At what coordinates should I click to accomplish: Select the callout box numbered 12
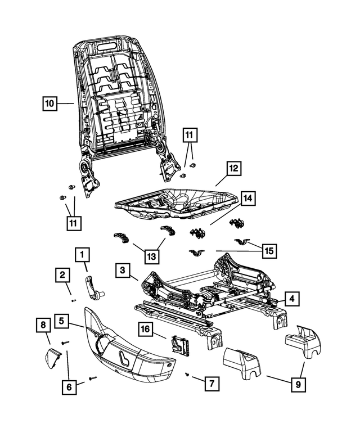[233, 168]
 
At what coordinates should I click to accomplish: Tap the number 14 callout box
[248, 199]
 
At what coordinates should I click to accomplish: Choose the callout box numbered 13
[150, 256]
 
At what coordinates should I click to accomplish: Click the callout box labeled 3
[121, 271]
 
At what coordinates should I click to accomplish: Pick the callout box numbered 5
[63, 322]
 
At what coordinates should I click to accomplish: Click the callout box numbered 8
[42, 325]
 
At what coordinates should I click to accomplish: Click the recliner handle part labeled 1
[94, 286]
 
